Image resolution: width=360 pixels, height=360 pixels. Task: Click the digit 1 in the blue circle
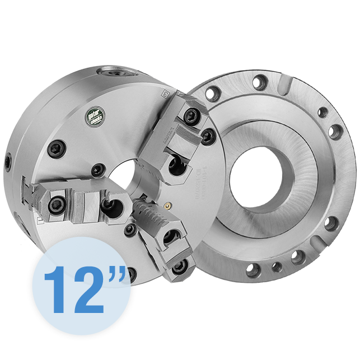pos(56,289)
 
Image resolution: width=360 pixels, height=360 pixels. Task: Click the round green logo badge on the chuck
pos(95,116)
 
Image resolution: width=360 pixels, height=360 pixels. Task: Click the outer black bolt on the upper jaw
pos(192,115)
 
